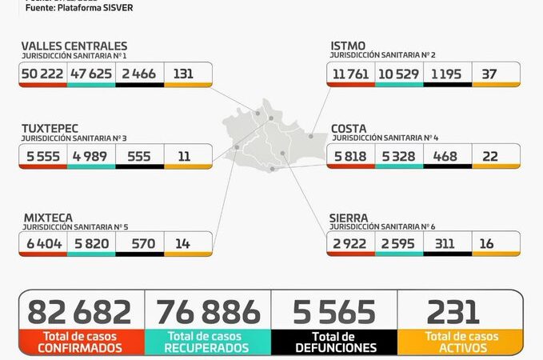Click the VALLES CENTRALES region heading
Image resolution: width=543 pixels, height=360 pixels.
coord(74,46)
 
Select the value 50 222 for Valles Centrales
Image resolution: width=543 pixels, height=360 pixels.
coord(43,73)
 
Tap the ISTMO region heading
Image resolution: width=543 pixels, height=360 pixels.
coord(349,46)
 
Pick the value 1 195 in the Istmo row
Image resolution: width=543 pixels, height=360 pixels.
coord(447,73)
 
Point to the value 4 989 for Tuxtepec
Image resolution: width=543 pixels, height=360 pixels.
coord(91,156)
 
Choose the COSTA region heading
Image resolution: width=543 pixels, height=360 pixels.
coord(349,129)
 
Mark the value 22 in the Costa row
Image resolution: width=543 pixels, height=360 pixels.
coord(496,156)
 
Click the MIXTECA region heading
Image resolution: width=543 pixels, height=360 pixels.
coord(48,217)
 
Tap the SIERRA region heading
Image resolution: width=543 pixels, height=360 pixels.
coord(349,217)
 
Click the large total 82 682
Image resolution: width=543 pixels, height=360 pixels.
coord(79,312)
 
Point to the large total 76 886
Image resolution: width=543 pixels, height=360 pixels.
coord(208,312)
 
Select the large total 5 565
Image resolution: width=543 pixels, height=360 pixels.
coord(334,312)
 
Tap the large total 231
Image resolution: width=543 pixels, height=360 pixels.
coord(453,312)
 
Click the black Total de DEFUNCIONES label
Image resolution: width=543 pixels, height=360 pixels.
coord(334,342)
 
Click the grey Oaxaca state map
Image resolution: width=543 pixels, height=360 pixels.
coord(272,140)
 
